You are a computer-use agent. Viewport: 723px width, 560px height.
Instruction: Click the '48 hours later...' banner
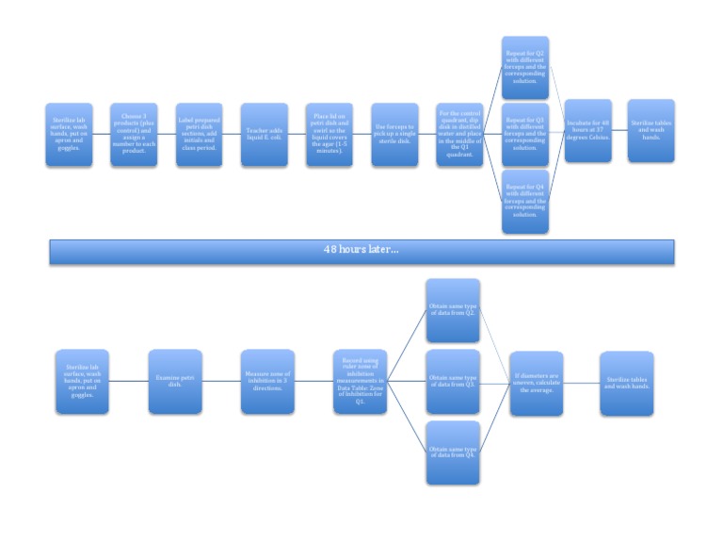click(363, 251)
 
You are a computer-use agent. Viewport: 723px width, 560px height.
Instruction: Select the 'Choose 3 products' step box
click(134, 135)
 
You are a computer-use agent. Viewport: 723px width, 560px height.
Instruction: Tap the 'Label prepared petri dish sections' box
click(199, 135)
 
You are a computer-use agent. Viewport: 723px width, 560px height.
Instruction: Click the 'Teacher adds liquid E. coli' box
click(264, 135)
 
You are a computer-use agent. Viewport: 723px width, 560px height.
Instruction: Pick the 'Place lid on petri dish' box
click(329, 135)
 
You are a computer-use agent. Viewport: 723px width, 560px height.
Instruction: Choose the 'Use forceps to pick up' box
click(394, 135)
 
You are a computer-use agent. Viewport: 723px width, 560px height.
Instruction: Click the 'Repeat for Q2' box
click(524, 69)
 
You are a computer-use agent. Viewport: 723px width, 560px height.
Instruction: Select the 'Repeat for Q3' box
click(524, 135)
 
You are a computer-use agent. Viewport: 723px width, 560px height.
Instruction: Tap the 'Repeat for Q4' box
click(524, 201)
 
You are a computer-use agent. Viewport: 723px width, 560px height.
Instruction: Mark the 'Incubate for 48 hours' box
click(587, 131)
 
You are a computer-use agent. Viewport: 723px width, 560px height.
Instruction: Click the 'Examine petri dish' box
click(175, 382)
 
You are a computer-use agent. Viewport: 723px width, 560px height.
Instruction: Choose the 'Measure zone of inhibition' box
click(267, 382)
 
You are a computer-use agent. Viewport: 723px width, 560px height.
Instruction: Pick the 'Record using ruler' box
click(360, 382)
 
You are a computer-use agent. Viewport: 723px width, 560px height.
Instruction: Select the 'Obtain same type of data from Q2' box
click(453, 310)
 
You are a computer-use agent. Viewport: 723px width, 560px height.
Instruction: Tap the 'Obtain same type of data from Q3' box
click(453, 382)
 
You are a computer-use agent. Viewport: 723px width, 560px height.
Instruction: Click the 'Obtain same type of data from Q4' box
click(453, 453)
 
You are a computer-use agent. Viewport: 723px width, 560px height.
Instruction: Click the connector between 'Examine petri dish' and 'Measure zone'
click(221, 382)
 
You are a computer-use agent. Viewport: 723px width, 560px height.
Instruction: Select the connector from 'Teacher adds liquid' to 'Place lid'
click(297, 135)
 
